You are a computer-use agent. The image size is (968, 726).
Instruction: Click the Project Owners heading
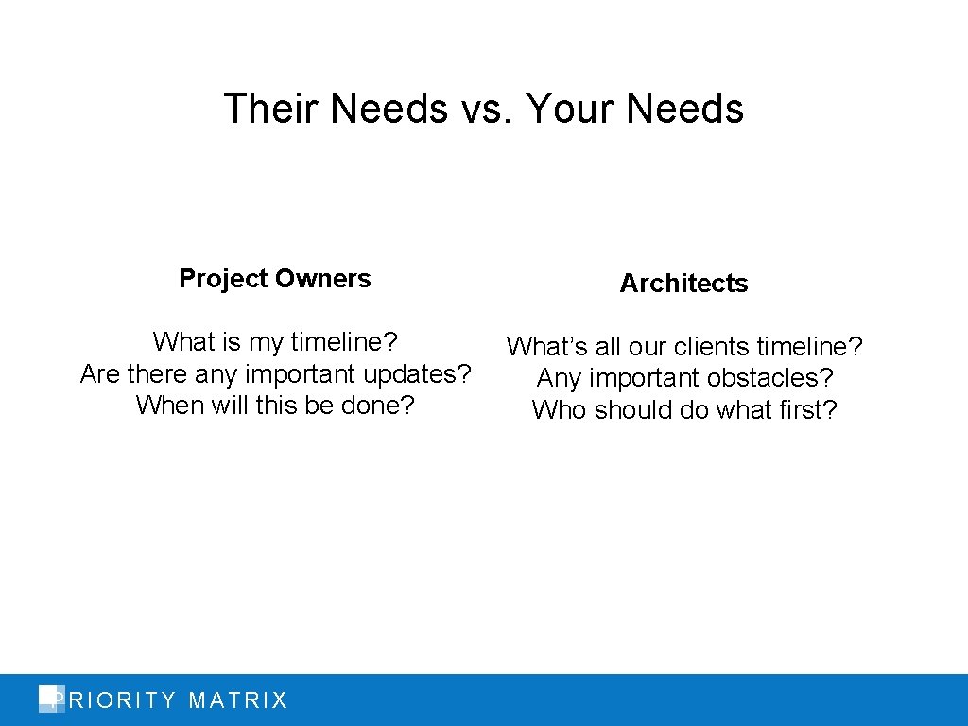[275, 279]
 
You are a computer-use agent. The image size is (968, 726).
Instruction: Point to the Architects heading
[683, 284]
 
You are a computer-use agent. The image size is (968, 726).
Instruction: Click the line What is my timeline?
[275, 340]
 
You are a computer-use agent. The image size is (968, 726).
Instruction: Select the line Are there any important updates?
[275, 374]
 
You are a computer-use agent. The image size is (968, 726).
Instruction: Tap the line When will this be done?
[275, 406]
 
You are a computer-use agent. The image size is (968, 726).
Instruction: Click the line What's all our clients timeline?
[684, 347]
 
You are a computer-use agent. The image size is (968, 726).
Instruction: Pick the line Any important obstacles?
[684, 378]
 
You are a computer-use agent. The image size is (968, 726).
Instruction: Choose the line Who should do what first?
[684, 410]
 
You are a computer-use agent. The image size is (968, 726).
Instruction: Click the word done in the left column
[378, 406]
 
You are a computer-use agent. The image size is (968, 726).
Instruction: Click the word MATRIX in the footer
[238, 700]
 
